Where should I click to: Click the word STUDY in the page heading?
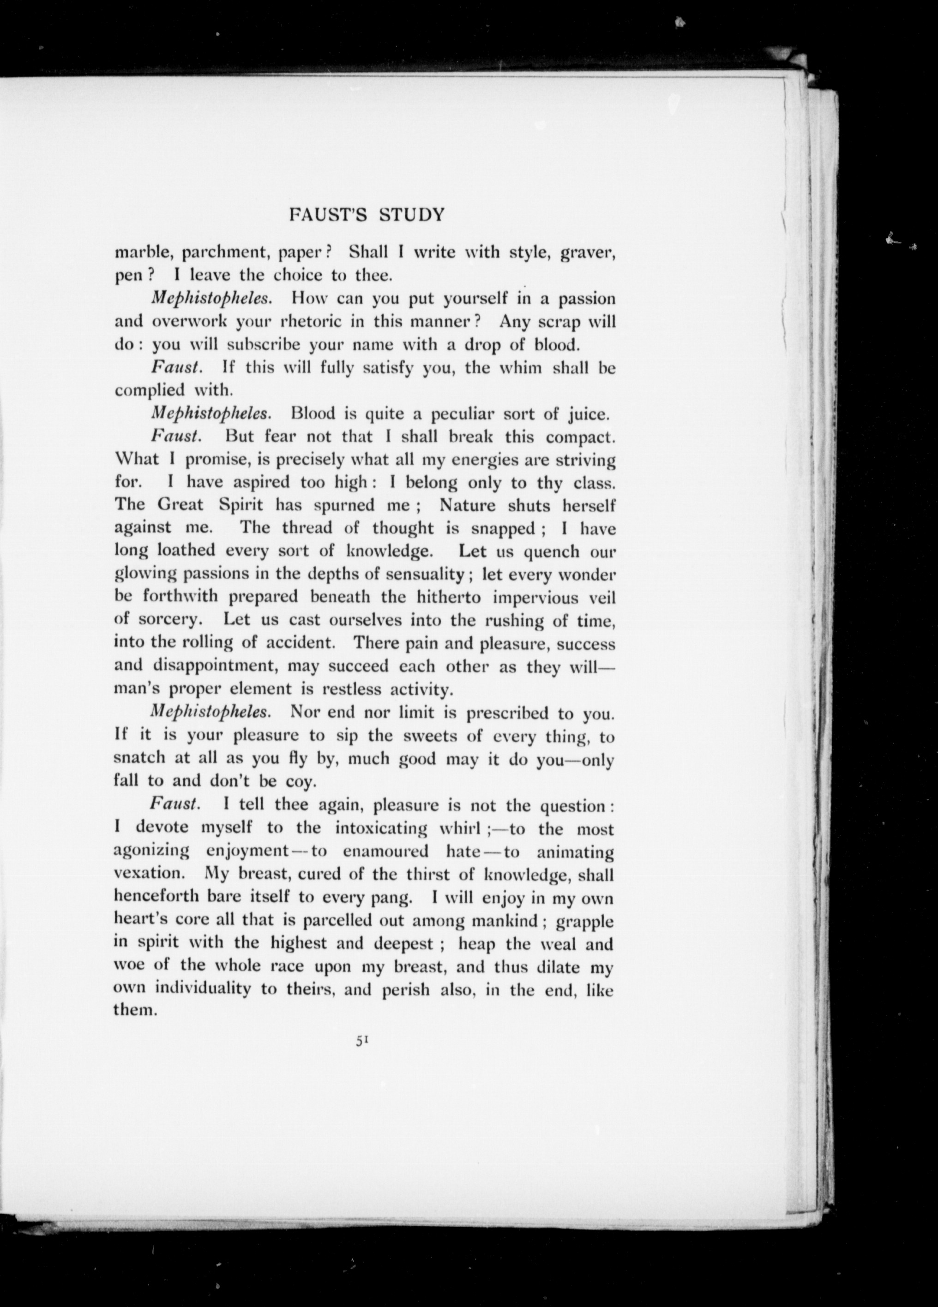pos(412,215)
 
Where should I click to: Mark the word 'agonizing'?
pos(151,851)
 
